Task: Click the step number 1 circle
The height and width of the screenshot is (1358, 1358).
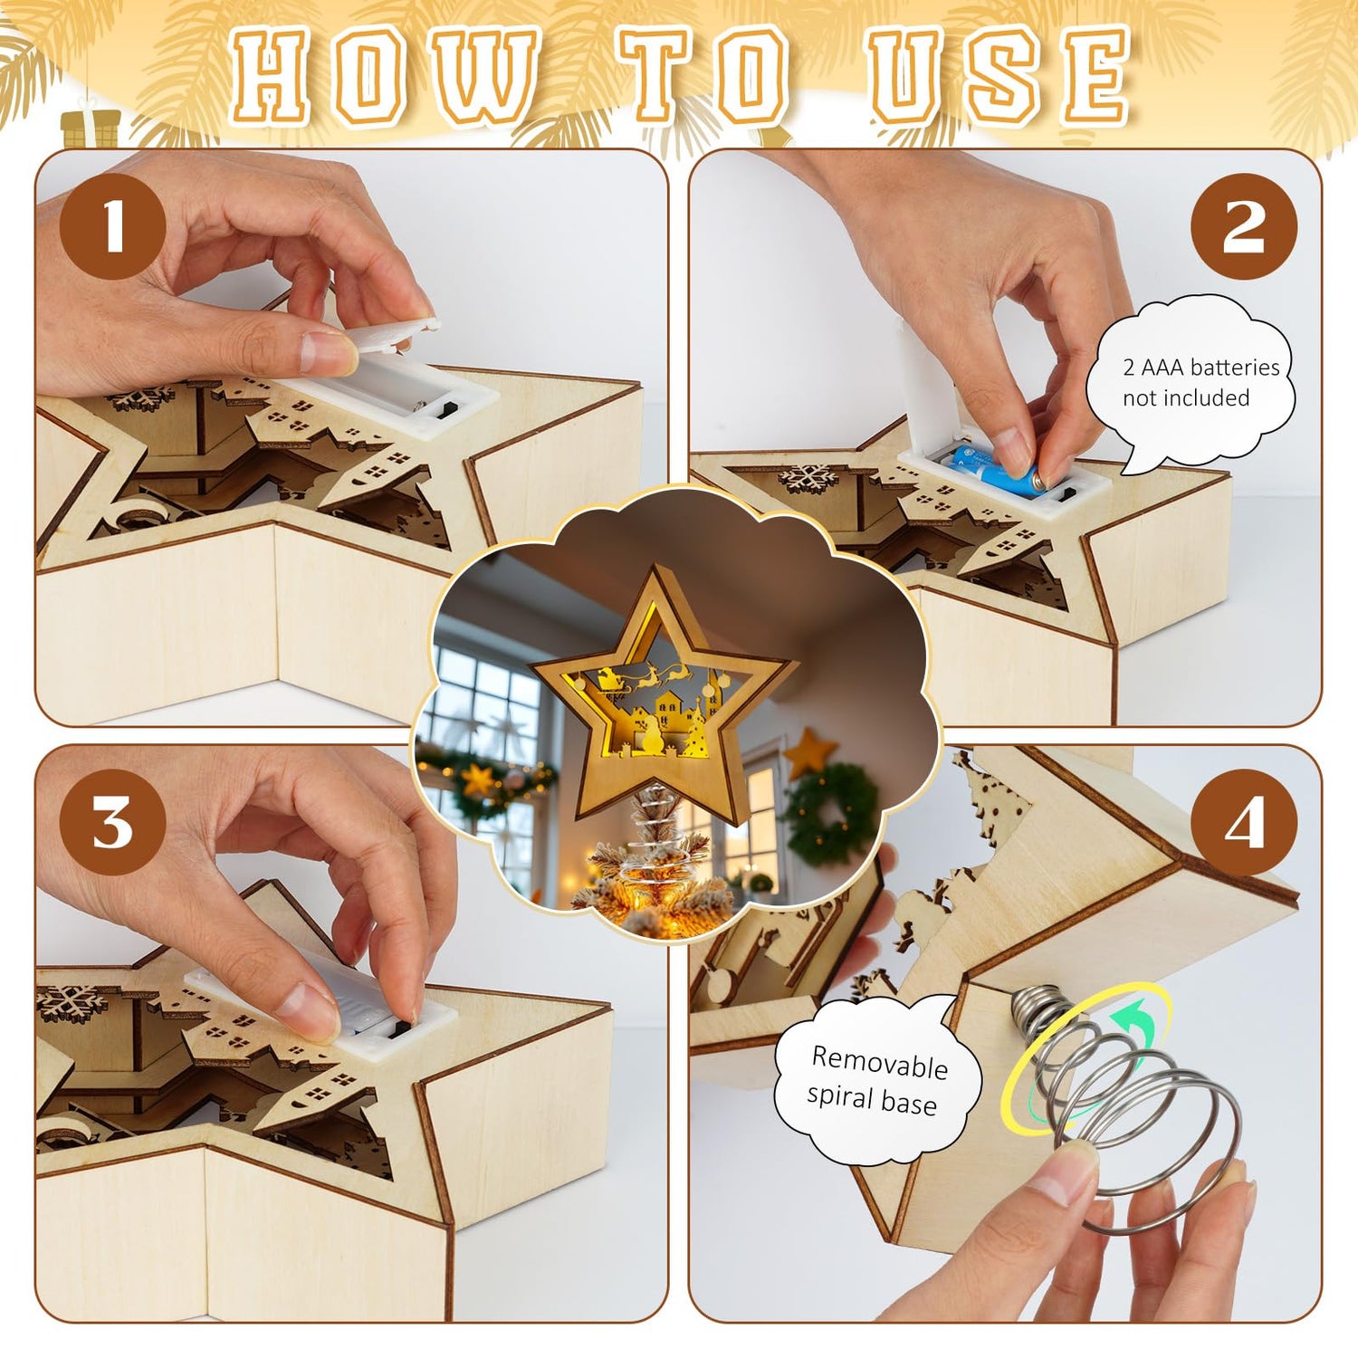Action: [x=113, y=226]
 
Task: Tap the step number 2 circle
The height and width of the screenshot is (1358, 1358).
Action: [x=1244, y=226]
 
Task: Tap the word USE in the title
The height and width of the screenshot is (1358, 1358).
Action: [x=999, y=76]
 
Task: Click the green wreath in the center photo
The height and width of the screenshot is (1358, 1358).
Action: [x=830, y=813]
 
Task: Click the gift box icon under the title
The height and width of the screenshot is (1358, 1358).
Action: [x=91, y=129]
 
